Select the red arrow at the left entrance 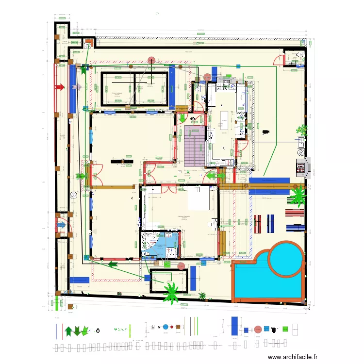coord(59,87)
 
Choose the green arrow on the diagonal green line coord(113,264)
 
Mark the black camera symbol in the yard coord(265,131)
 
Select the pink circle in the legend coord(258,329)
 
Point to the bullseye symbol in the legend coord(98,330)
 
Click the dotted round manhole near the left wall coord(73,195)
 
